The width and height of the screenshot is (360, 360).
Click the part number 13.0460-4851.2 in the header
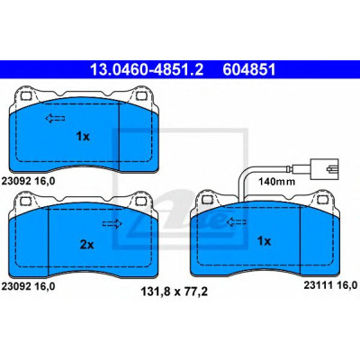pyautogui.click(x=147, y=70)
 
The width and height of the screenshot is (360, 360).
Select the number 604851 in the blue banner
pyautogui.click(x=249, y=70)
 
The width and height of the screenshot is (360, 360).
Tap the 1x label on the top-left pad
pyautogui.click(x=83, y=137)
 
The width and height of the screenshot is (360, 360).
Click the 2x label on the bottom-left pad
pyautogui.click(x=86, y=245)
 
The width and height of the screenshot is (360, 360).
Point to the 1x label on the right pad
pyautogui.click(x=264, y=241)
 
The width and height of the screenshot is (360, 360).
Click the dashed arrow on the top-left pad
pyautogui.click(x=55, y=119)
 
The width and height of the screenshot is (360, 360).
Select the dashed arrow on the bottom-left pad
pyautogui.click(x=112, y=224)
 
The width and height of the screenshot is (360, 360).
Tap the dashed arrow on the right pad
pyautogui.click(x=237, y=222)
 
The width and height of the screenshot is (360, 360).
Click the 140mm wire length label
pyautogui.click(x=277, y=182)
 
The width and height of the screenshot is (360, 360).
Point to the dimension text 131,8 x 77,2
pyautogui.click(x=174, y=292)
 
